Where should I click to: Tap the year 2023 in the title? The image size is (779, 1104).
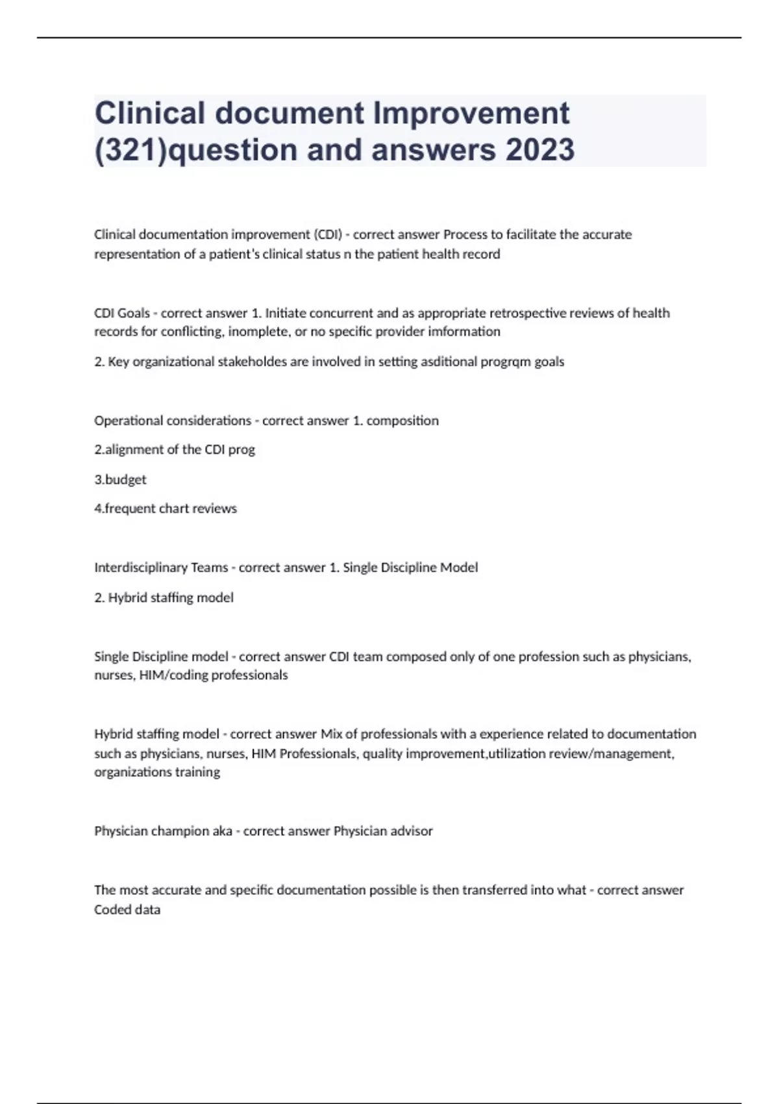tap(539, 149)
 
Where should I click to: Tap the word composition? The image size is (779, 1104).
tap(402, 420)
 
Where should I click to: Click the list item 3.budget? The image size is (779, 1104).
tap(120, 479)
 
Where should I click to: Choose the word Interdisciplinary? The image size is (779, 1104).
tap(140, 568)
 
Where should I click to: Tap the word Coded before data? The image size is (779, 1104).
tap(112, 910)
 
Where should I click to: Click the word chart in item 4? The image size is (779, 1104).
tap(173, 508)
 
